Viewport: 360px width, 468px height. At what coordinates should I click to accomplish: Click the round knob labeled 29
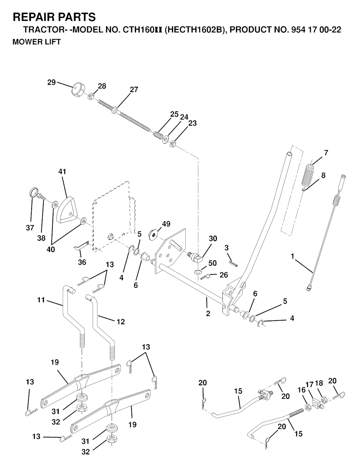[77, 89]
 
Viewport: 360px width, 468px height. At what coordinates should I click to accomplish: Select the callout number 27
[134, 90]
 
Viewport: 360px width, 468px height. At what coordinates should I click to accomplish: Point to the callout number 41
[62, 172]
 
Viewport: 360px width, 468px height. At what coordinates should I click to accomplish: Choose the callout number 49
[166, 224]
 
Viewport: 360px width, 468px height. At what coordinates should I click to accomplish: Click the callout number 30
[213, 239]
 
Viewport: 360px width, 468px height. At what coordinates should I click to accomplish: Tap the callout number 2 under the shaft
[208, 313]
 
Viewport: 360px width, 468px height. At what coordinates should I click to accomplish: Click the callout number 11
[41, 300]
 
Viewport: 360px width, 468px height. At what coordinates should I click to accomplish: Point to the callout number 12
[121, 322]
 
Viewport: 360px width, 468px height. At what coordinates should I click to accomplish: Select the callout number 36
[82, 262]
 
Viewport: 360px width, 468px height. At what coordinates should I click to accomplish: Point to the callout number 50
[212, 263]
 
